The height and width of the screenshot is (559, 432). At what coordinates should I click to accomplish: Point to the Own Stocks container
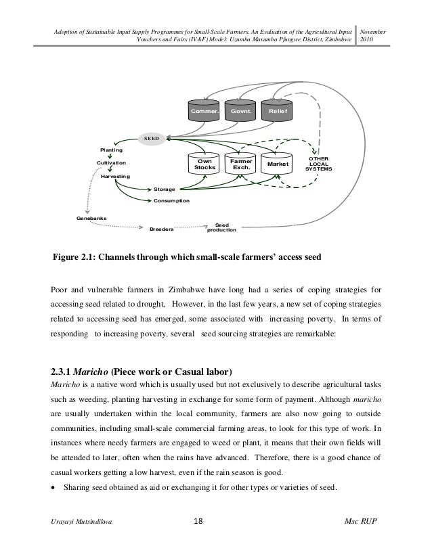[x=204, y=164]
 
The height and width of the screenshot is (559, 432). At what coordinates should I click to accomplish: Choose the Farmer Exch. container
[x=241, y=164]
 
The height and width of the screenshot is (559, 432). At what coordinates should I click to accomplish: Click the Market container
[x=278, y=164]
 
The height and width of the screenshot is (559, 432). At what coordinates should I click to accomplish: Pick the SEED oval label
[x=150, y=138]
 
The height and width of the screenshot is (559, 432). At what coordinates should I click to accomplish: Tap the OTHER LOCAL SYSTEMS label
[x=319, y=164]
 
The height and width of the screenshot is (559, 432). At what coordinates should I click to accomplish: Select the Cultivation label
[x=111, y=163]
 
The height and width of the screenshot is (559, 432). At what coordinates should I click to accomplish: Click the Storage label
[x=165, y=189]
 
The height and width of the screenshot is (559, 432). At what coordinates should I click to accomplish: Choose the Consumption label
[x=171, y=202]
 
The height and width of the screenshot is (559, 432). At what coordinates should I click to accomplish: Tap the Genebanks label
[x=91, y=218]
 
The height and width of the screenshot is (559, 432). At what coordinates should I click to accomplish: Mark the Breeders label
[x=161, y=229]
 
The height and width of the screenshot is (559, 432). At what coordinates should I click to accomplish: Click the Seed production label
[x=222, y=227]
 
